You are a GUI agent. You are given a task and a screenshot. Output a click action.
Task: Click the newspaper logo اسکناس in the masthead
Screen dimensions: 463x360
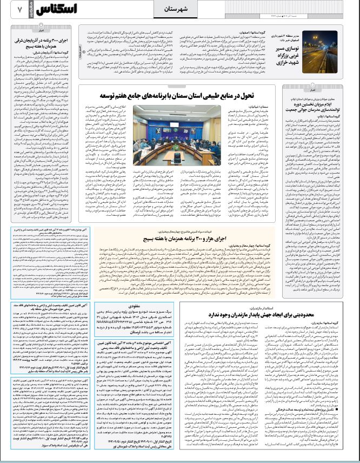49,10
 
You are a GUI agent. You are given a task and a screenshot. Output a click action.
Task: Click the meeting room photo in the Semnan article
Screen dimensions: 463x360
168,128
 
